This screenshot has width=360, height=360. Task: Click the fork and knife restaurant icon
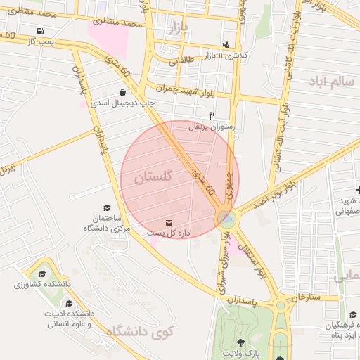212,115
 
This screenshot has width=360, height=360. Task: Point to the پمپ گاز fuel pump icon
39,32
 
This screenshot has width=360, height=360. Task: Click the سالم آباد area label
330,82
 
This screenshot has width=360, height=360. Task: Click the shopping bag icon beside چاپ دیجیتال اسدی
123,92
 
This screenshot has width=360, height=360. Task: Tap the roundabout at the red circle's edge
226,219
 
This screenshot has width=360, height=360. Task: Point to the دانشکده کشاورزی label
41,286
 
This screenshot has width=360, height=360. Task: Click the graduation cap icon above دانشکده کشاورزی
42,275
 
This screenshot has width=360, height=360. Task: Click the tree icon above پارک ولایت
242,342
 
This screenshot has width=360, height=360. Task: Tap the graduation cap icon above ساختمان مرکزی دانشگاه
107,207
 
